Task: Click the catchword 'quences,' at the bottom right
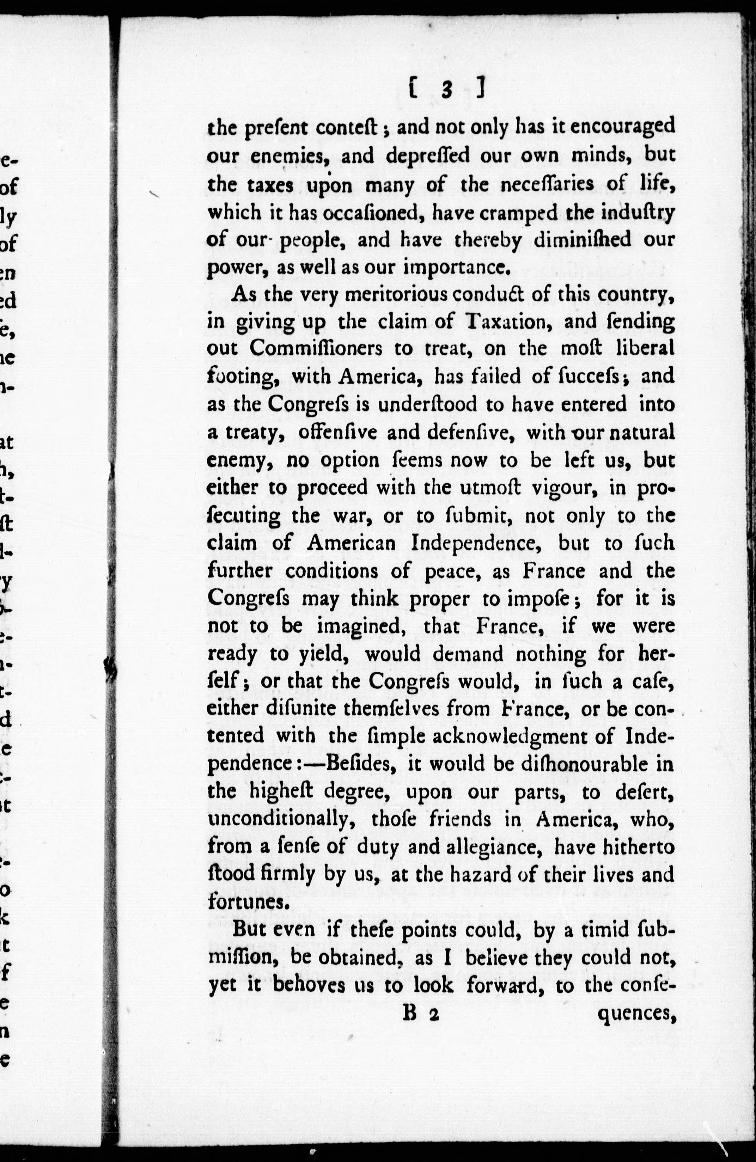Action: [636, 1016]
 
